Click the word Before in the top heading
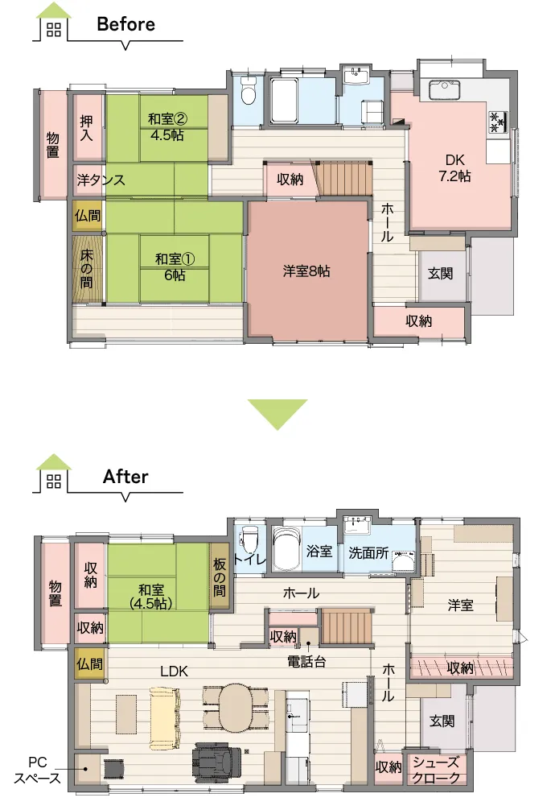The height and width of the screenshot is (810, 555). pyautogui.click(x=126, y=24)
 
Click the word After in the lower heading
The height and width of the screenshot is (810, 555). pyautogui.click(x=125, y=477)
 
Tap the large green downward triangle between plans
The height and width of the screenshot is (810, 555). pyautogui.click(x=277, y=414)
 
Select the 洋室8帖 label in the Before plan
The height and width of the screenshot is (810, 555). pyautogui.click(x=306, y=271)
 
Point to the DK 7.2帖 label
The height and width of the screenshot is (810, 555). pyautogui.click(x=454, y=168)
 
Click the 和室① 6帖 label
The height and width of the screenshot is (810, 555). pyautogui.click(x=175, y=267)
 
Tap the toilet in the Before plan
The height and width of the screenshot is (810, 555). pyautogui.click(x=249, y=92)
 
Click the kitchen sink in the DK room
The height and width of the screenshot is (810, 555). pyautogui.click(x=445, y=90)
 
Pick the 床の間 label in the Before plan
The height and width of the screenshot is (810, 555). pyautogui.click(x=87, y=269)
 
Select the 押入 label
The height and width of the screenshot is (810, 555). pyautogui.click(x=86, y=128)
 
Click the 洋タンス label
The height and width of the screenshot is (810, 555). pyautogui.click(x=101, y=180)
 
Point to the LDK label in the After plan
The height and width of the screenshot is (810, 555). pyautogui.click(x=174, y=671)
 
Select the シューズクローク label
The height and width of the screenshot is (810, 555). pyautogui.click(x=437, y=770)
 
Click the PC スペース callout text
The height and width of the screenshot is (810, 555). pyautogui.click(x=37, y=770)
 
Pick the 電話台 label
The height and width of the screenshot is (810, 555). pyautogui.click(x=306, y=662)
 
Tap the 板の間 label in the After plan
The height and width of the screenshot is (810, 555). pyautogui.click(x=220, y=577)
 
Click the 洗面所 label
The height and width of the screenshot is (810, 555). pyautogui.click(x=368, y=552)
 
